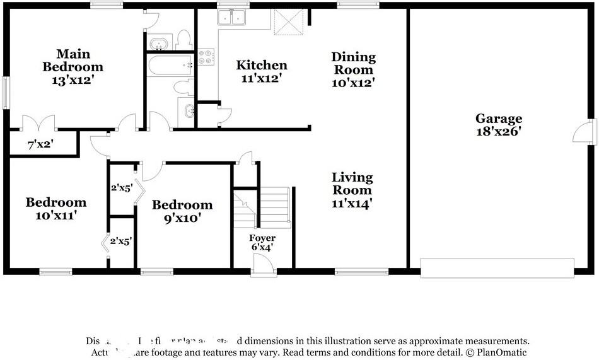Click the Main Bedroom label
click(x=73, y=67)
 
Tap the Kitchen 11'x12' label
click(x=261, y=71)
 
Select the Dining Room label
click(x=353, y=69)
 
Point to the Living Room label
click(x=352, y=190)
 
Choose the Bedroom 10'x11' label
click(x=55, y=209)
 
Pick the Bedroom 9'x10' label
click(x=182, y=211)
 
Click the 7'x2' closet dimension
click(x=40, y=144)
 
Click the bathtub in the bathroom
click(x=169, y=65)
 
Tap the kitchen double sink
click(x=232, y=18)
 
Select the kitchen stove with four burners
click(x=206, y=57)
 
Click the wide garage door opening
click(x=497, y=268)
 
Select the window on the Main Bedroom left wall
click(x=6, y=92)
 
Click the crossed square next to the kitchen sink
click(x=288, y=22)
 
